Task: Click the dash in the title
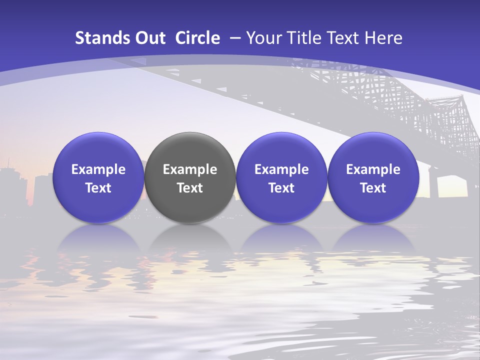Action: (x=235, y=38)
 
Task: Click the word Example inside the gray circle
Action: (x=190, y=169)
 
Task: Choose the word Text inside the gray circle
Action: (x=190, y=188)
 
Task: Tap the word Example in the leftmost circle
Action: (x=98, y=169)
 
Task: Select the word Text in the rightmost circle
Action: (x=373, y=188)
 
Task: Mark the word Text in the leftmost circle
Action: (x=98, y=188)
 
